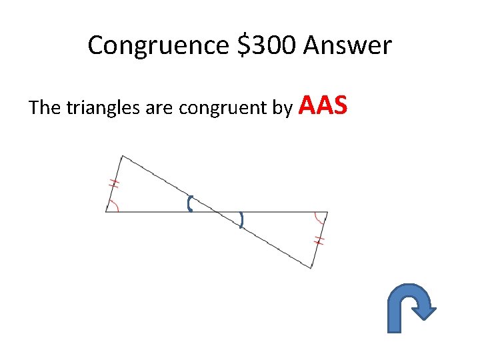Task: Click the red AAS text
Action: tap(325, 105)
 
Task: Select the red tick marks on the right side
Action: tap(319, 240)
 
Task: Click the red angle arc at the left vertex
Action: tap(115, 205)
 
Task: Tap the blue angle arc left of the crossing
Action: tap(190, 203)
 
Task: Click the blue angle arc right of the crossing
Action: tap(241, 219)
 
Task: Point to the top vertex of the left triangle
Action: tap(122, 155)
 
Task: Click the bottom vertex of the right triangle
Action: tap(311, 268)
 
